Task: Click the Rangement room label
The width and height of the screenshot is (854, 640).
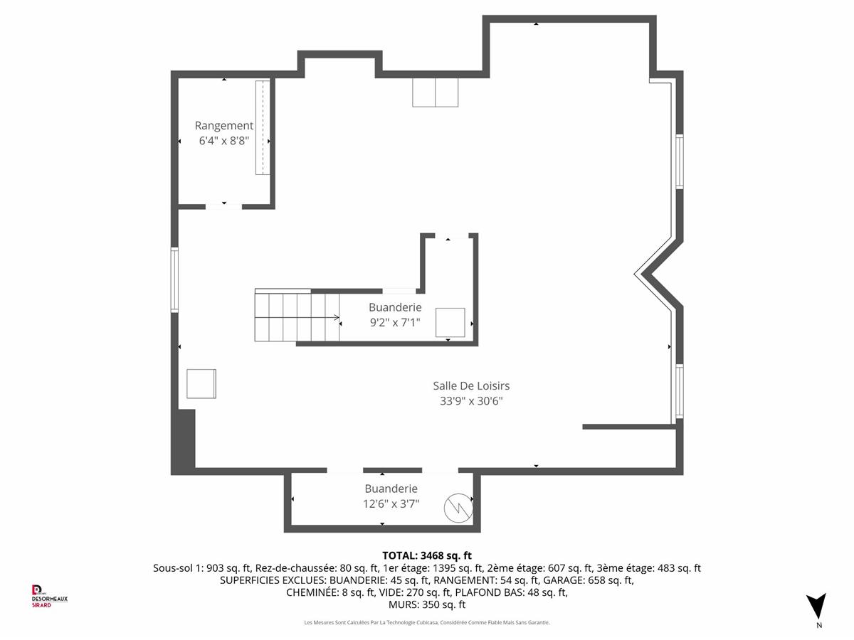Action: [x=223, y=126]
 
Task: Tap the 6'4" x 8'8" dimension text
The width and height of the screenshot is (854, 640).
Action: [x=223, y=141]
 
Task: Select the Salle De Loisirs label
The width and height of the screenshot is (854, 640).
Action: [x=471, y=386]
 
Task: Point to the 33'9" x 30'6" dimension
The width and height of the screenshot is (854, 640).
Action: [x=471, y=400]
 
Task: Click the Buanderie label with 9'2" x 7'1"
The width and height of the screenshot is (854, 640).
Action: [x=395, y=307]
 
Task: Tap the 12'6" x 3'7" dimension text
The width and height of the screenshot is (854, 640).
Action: [x=391, y=503]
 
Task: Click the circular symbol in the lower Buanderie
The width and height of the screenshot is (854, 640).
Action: [x=459, y=508]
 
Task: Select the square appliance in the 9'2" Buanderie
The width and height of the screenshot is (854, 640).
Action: [x=450, y=323]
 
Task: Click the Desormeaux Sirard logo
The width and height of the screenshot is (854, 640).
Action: [x=49, y=596]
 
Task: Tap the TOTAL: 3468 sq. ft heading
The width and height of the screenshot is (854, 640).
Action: [x=427, y=555]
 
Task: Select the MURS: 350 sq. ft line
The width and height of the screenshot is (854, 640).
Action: [x=427, y=604]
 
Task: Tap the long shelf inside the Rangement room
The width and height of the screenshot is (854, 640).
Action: [x=263, y=127]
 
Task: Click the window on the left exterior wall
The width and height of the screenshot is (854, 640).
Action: [x=174, y=279]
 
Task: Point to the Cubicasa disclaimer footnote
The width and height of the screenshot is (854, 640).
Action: [x=427, y=622]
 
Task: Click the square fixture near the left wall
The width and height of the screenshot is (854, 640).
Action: [x=201, y=384]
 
